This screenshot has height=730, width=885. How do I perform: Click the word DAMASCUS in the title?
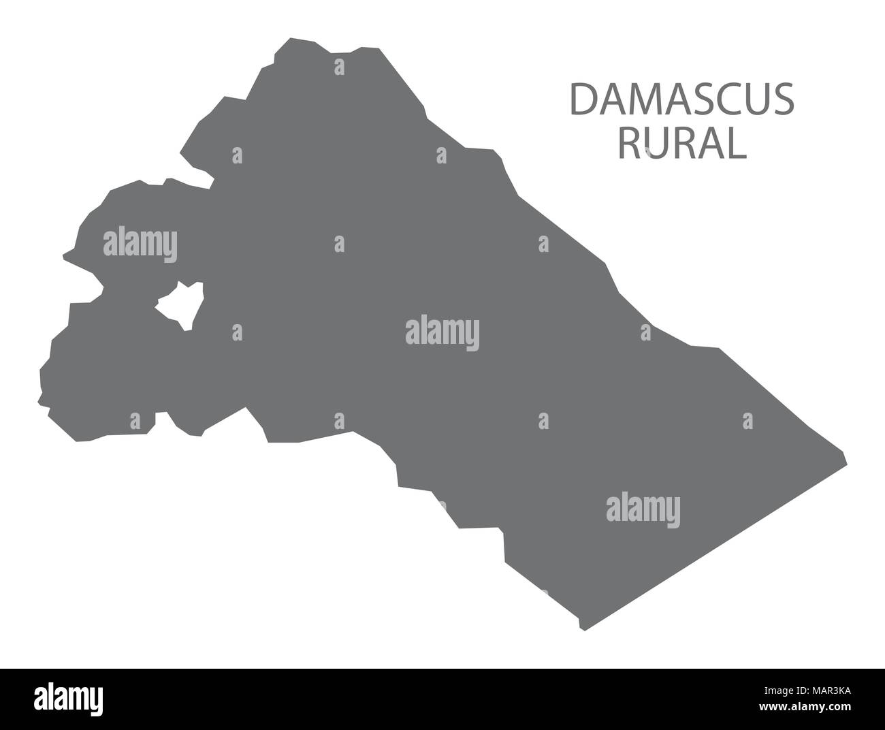pyautogui.click(x=681, y=99)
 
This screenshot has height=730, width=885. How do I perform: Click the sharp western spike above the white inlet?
pyautogui.click(x=65, y=257)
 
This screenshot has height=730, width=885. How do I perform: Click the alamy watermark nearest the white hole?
pyautogui.click(x=140, y=243)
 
